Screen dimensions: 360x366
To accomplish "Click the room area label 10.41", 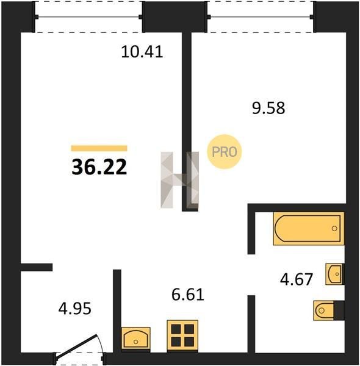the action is point(142,52).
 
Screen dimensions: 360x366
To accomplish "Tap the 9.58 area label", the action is point(268,108).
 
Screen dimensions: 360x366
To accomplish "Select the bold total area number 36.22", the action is point(99,167).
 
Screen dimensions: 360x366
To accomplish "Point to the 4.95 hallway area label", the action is point(74,309).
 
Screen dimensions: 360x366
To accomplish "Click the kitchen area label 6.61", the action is point(188,295).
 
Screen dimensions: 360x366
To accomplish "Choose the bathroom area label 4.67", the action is point(297,279).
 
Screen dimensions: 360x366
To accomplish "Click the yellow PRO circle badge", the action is point(224,152).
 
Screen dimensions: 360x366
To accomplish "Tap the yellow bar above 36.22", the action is point(99,148).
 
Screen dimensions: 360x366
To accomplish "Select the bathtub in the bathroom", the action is point(308,229).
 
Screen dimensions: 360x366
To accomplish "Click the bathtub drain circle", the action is point(334,229).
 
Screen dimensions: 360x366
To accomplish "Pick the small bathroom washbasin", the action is point(335,274).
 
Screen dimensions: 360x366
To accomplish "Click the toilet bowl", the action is point(323,310).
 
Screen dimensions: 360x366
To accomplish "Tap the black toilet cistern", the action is point(339,310).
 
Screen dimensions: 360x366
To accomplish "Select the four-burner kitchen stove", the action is point(182,335).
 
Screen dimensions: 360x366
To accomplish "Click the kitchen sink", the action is point(136,339).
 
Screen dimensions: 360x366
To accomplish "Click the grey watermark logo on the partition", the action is point(180,180).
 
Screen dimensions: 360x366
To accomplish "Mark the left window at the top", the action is point(88,17).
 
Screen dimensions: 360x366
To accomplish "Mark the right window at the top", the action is point(260,16).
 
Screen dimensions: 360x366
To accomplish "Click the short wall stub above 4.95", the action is point(37,267).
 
